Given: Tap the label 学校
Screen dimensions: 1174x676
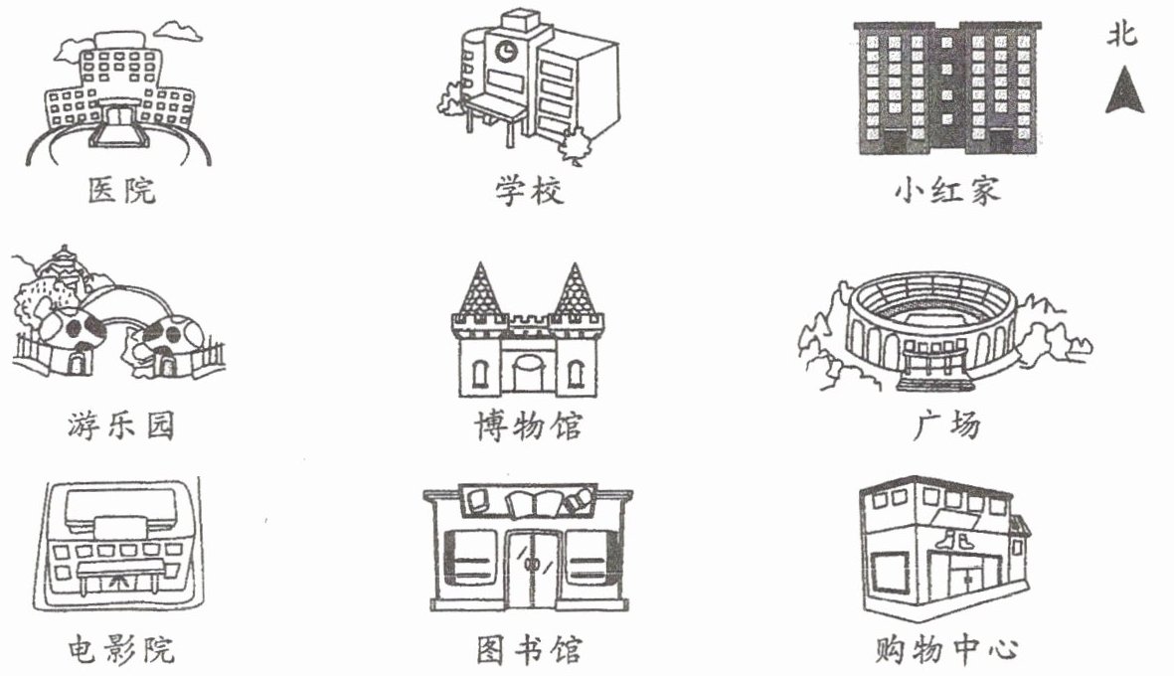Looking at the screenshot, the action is [x=530, y=190].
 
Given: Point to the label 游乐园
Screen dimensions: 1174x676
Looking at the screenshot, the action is [x=116, y=425].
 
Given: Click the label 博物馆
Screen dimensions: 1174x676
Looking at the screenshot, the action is [x=528, y=425].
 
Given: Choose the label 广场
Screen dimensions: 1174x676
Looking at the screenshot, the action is [x=945, y=425].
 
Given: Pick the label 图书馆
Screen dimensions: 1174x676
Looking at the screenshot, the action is [x=528, y=650].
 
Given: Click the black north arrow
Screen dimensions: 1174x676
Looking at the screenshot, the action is [x=1124, y=91].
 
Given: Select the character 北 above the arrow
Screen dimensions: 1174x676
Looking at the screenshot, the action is [x=1123, y=37].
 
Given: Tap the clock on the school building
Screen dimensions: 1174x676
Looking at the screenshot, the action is [x=507, y=51].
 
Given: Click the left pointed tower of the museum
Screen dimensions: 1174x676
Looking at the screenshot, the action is [x=480, y=290].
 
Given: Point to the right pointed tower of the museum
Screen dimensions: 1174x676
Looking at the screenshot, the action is [x=574, y=290].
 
